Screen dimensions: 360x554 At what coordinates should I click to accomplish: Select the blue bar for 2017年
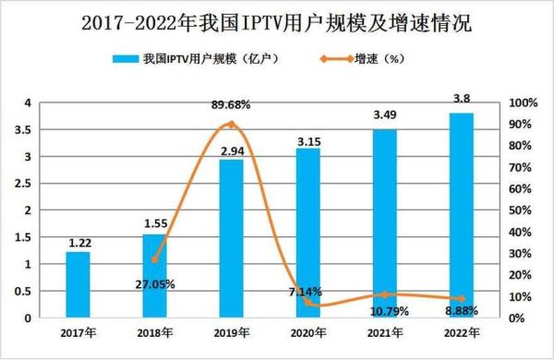click(x=78, y=285)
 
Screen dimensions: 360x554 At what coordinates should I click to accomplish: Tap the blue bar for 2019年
click(x=231, y=239)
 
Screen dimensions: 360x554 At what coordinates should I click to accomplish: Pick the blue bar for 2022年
click(x=461, y=216)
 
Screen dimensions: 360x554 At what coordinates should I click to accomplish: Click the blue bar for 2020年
click(x=308, y=234)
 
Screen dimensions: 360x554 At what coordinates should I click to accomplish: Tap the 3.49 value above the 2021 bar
click(x=385, y=114)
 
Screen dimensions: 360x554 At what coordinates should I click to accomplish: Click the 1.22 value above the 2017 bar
click(x=78, y=244)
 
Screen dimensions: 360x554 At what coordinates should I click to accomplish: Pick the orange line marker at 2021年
click(x=385, y=294)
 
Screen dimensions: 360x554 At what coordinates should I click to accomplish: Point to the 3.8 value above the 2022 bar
click(x=461, y=98)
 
